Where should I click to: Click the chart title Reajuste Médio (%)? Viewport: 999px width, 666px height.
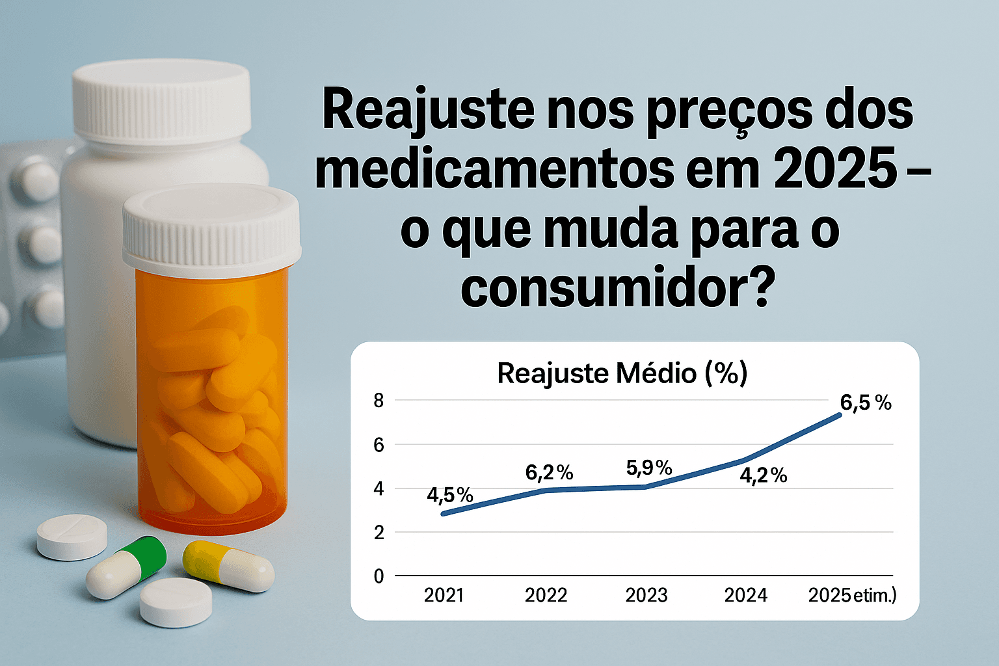click(x=622, y=374)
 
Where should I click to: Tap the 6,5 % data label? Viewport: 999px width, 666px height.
click(x=865, y=403)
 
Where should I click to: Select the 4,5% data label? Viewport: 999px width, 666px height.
click(x=449, y=495)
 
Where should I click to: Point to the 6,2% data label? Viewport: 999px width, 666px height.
click(x=549, y=473)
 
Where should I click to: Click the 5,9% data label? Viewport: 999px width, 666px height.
click(x=648, y=467)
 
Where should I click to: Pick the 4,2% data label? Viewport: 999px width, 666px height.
click(x=763, y=475)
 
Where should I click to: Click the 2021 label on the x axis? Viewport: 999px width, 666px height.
click(x=444, y=595)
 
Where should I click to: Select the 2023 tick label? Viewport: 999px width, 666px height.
click(x=646, y=595)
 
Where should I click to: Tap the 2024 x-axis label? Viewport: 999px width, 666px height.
click(x=746, y=595)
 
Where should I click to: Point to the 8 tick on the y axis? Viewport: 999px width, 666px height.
click(x=379, y=401)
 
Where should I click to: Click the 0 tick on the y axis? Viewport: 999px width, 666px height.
click(x=379, y=576)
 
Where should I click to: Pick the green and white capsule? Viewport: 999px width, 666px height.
click(x=127, y=566)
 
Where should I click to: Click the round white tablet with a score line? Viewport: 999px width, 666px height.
click(x=72, y=536)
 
